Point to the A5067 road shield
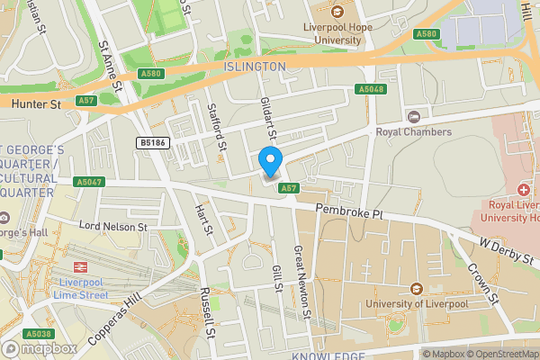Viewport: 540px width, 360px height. point(87,182)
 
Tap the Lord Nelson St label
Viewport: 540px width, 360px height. point(112,227)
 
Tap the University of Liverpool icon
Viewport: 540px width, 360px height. point(416,289)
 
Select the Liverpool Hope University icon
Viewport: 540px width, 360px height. point(337,12)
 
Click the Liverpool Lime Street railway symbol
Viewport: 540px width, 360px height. point(78,267)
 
